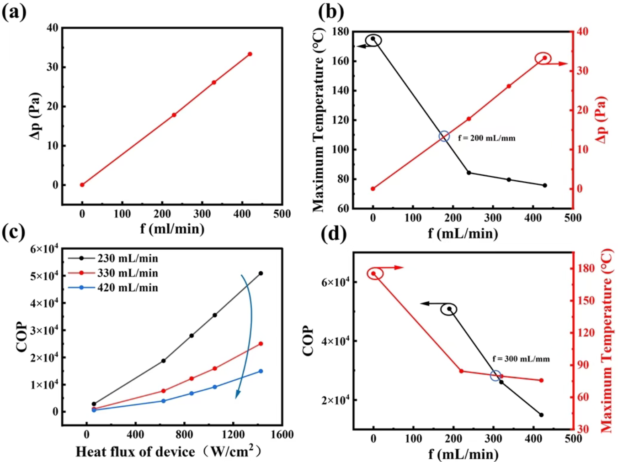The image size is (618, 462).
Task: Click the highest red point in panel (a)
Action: [250, 54]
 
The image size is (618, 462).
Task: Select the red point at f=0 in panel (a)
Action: [82, 185]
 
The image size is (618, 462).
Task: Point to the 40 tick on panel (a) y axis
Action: [53, 28]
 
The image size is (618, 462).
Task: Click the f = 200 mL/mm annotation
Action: [486, 138]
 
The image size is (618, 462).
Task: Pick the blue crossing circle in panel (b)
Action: [444, 136]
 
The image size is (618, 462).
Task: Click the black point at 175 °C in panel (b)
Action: [373, 39]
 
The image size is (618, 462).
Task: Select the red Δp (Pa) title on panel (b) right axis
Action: [602, 120]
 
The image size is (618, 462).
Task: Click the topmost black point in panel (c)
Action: [261, 273]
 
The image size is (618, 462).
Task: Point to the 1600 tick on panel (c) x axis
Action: [282, 435]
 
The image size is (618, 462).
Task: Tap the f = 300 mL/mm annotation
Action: [521, 359]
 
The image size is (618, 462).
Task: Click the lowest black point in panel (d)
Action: [541, 415]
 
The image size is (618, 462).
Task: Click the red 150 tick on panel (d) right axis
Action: [586, 300]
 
